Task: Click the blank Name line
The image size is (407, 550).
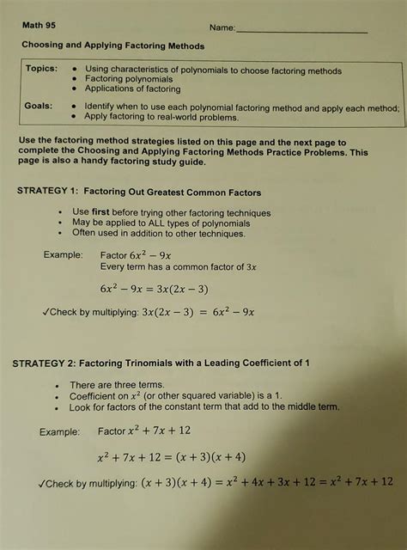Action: pos(301,32)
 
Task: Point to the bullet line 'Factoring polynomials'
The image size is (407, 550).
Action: pos(129,79)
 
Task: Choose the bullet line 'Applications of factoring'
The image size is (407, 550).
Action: pos(133,89)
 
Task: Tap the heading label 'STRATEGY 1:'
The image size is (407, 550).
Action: pos(50,192)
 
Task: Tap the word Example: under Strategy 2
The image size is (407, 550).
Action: pos(62,431)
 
